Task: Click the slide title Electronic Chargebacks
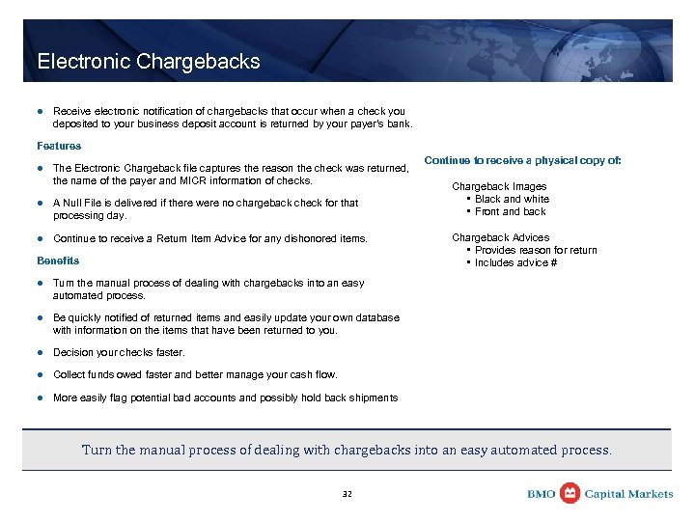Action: pyautogui.click(x=149, y=62)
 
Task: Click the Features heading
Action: pyautogui.click(x=59, y=146)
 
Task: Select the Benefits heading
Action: pyautogui.click(x=58, y=260)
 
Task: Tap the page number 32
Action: pyautogui.click(x=347, y=494)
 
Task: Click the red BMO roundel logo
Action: pyautogui.click(x=570, y=493)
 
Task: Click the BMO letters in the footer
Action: pyautogui.click(x=542, y=494)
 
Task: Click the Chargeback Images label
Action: pyautogui.click(x=499, y=186)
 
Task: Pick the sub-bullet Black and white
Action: pyautogui.click(x=512, y=199)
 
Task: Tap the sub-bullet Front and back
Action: pyautogui.click(x=510, y=211)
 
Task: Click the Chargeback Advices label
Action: pyautogui.click(x=501, y=237)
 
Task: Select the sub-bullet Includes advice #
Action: pyautogui.click(x=515, y=262)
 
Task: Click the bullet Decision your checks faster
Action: pyautogui.click(x=119, y=352)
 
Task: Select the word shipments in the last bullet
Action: pyautogui.click(x=373, y=398)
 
